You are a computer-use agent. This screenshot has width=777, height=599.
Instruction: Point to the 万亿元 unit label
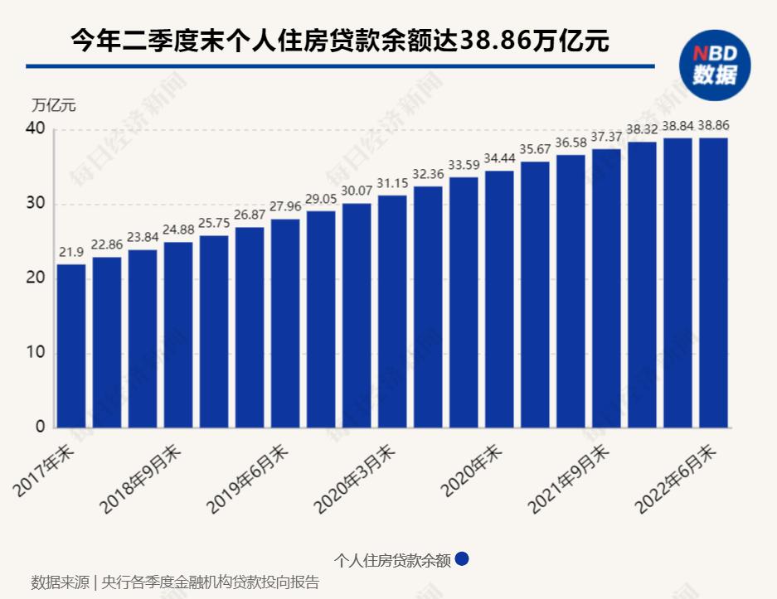(54, 105)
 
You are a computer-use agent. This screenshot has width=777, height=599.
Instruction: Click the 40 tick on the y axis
(34, 129)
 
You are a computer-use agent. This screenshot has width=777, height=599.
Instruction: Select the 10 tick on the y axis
(34, 353)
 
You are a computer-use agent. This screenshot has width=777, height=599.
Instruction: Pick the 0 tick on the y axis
(39, 428)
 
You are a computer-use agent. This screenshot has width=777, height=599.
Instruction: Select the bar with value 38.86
(713, 283)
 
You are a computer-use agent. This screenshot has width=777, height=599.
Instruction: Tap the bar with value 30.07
(357, 315)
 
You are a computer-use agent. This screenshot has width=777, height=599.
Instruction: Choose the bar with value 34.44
(499, 299)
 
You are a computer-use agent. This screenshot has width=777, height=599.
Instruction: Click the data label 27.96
(285, 207)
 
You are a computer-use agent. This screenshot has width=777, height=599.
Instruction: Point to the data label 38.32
(642, 130)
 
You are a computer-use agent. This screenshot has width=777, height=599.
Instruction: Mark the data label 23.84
(143, 238)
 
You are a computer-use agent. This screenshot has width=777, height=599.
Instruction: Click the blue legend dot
(462, 559)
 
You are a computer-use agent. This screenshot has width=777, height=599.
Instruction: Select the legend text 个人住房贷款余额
(392, 560)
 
